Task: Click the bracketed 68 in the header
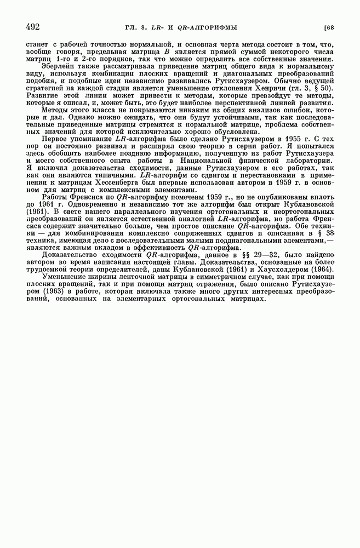tap(329, 26)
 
